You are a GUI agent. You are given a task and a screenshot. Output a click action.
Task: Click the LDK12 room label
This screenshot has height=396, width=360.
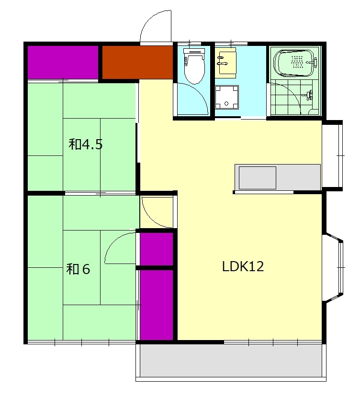pos(243,266)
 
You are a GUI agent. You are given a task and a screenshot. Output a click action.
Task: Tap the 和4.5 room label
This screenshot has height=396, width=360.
pos(85,144)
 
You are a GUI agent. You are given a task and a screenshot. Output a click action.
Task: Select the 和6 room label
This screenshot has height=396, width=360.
pos(78,269)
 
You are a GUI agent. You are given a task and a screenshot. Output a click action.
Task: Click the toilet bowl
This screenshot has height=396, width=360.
pos(194,66)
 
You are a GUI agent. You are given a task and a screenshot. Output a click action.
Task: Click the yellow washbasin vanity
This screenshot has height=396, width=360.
pos(226,62)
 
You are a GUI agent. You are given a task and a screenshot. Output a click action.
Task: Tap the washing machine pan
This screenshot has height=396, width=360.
pos(227,97)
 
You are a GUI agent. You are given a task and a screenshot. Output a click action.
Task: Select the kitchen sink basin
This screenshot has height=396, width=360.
pos(258,177)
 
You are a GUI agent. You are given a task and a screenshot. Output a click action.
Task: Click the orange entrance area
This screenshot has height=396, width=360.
pos(137,62)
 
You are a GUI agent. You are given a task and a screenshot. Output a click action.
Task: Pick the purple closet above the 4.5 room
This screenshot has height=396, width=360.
pos(63,62)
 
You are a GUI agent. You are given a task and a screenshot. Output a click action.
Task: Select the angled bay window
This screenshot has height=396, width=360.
pos(333,267)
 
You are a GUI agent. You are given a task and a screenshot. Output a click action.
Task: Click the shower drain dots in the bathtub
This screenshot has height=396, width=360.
pos(297,62)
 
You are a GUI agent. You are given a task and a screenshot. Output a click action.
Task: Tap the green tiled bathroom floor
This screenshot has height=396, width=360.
pos(294,97)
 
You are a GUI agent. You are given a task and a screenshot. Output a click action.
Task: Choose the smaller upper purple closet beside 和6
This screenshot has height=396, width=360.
pos(157,249)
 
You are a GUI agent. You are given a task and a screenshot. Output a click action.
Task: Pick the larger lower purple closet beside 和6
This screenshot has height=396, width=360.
pos(157,305)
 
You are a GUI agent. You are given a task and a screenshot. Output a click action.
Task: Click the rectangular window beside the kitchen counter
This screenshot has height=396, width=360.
pos(332,155)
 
